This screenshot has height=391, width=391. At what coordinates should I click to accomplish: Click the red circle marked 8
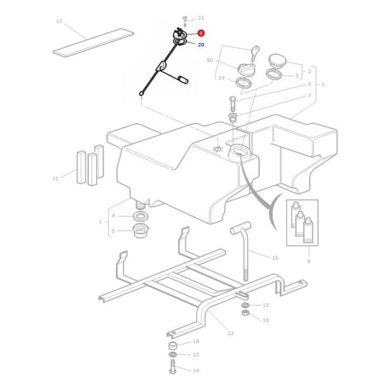pos(201,34)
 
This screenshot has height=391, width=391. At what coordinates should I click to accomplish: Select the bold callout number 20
pos(201,45)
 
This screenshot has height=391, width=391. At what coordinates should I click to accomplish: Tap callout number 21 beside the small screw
pos(201,18)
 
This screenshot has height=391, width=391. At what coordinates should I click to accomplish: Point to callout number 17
pos(59,21)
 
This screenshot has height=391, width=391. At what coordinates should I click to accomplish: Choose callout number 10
pos(209,60)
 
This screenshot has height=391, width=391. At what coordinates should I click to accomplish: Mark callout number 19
pos(221,78)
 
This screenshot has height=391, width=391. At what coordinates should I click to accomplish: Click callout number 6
pos(309,84)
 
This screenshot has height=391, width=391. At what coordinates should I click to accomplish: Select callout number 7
pos(309,96)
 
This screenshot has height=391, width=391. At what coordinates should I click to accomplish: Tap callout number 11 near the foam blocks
pos(55,179)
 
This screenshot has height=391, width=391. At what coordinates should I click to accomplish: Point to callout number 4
pos(113,216)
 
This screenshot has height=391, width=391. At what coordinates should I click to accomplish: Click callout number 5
pos(113,231)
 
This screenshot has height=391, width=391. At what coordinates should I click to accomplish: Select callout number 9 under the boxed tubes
pos(308,261)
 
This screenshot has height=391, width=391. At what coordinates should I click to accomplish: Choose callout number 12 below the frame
pos(230,333)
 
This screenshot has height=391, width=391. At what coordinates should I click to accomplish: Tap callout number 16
pos(266,320)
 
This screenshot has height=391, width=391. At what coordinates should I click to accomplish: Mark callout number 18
pos(195,341)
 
